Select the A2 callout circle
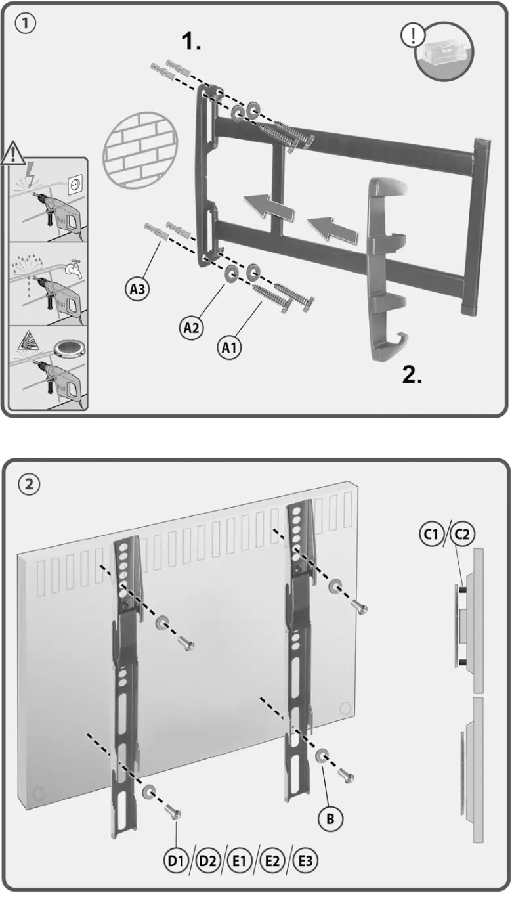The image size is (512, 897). click(191, 328)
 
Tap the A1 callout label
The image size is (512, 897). click(228, 348)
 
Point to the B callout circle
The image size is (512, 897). click(330, 818)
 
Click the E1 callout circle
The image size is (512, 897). click(240, 861)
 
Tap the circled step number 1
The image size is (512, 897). click(26, 24)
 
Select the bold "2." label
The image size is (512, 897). click(412, 375)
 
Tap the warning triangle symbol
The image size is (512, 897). click(12, 154)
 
